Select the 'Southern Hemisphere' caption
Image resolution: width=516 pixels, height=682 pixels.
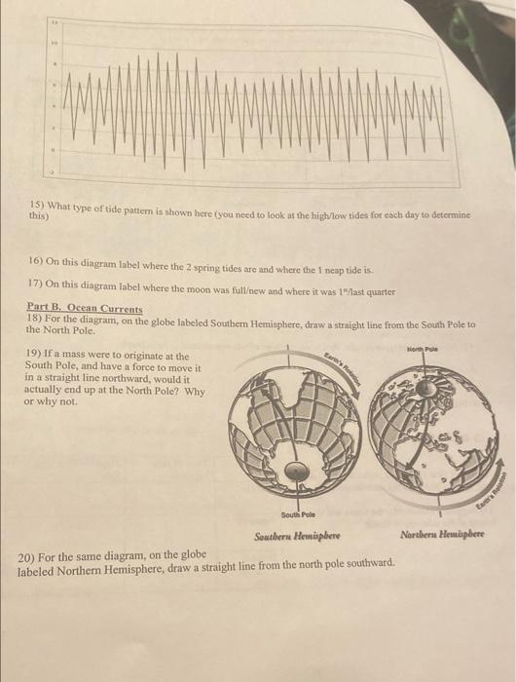[x=294, y=537]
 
